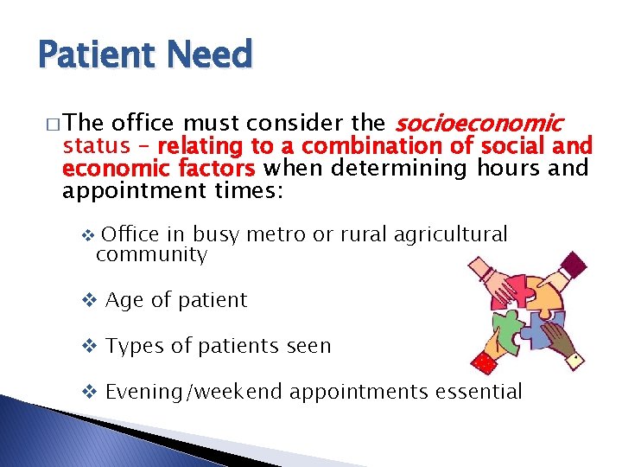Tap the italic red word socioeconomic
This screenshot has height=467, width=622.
[479, 124]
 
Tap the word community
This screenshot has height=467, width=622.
[151, 255]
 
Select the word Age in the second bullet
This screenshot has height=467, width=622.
[124, 300]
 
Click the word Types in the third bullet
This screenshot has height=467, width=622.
[130, 346]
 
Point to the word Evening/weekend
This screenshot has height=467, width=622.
[194, 392]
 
